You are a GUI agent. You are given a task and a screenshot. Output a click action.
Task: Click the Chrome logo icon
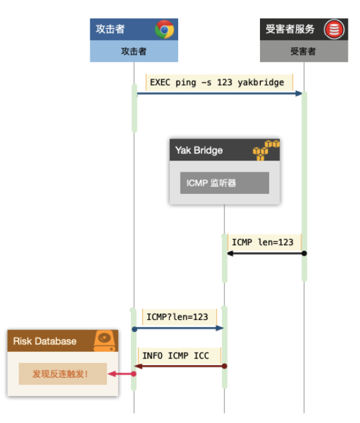[x=165, y=29]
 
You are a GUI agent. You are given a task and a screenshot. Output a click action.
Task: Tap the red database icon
[x=334, y=30]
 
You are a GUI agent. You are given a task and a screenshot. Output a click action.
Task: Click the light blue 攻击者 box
[x=134, y=51]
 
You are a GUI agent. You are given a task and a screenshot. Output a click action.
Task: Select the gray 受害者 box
[x=304, y=51]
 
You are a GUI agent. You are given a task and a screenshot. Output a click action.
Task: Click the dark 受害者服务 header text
[x=290, y=29]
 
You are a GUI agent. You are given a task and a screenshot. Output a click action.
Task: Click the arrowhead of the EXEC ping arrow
[x=299, y=93]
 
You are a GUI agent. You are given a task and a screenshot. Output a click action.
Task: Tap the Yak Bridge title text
[x=199, y=150]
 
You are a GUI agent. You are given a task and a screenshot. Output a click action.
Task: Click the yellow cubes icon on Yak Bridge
[x=266, y=150]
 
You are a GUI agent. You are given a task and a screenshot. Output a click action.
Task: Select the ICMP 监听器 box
[x=225, y=183]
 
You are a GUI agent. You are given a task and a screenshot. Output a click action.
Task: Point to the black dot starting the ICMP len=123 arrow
[x=304, y=253]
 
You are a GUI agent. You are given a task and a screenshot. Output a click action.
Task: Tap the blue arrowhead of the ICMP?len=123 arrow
[x=219, y=328]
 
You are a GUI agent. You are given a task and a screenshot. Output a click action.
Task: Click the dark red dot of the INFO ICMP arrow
[x=225, y=366]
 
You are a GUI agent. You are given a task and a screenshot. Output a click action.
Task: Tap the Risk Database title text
[x=45, y=341]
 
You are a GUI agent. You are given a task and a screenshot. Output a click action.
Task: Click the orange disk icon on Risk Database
[x=105, y=340]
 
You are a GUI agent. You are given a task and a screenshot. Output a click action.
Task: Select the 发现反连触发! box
[x=63, y=374]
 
